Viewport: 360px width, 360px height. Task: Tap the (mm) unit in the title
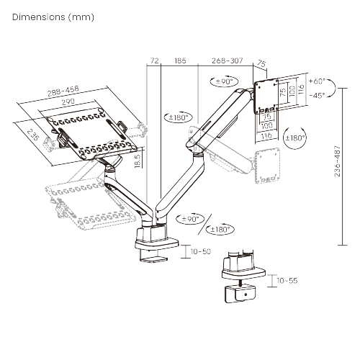tap(80, 15)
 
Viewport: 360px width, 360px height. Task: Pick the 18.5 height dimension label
tap(137, 160)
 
